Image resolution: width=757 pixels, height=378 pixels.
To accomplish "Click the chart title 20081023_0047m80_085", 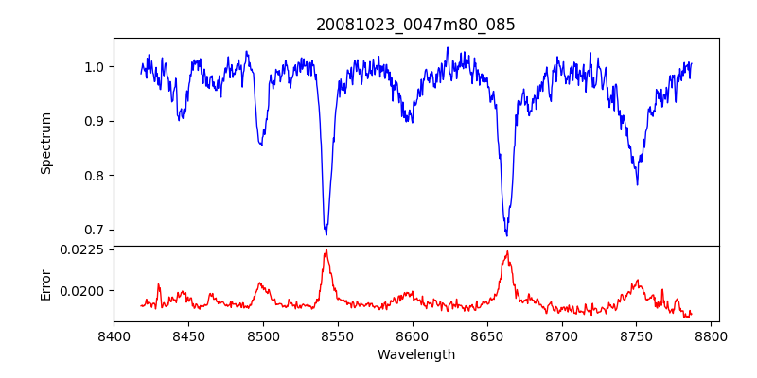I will point(415,25).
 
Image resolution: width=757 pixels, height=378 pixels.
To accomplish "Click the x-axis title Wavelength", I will point(415,355).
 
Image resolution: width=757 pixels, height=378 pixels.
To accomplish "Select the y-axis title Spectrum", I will point(45,143).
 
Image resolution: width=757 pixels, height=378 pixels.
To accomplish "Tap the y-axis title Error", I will point(45,283).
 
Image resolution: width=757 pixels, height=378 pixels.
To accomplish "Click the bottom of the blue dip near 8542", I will point(326,234).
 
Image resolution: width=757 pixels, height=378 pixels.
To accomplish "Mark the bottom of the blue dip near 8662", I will point(506,234).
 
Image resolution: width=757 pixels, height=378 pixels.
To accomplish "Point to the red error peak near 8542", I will point(326,249).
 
